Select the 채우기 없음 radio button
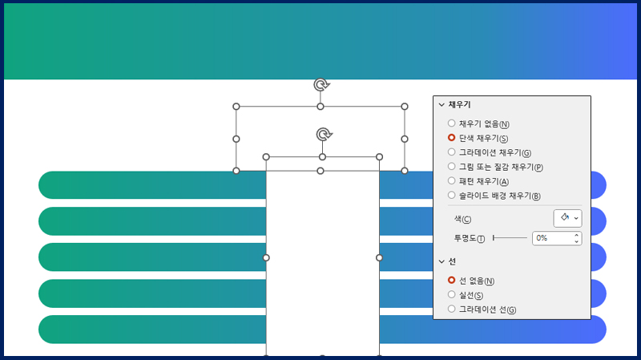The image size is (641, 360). click(x=451, y=123)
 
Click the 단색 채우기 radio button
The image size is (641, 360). click(x=451, y=137)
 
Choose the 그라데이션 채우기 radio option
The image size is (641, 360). click(x=451, y=152)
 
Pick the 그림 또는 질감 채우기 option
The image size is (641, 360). click(x=451, y=166)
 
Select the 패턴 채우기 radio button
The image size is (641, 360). click(x=451, y=180)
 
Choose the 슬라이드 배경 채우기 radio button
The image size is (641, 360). click(x=451, y=195)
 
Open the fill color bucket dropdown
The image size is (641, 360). click(x=567, y=218)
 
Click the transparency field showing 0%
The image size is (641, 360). click(x=557, y=238)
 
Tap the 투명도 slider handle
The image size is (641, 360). click(x=494, y=237)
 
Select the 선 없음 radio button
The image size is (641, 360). click(x=451, y=281)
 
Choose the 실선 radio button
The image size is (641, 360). click(x=451, y=294)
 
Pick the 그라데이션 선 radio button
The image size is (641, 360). click(x=451, y=309)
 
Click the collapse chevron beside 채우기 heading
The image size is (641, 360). click(x=441, y=105)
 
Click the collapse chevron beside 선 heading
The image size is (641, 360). click(x=441, y=261)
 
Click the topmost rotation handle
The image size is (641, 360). click(x=322, y=85)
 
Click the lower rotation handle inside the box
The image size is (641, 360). click(x=325, y=134)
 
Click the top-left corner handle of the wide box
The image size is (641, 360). click(x=236, y=107)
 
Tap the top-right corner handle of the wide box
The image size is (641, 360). click(x=405, y=107)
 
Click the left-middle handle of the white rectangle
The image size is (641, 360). click(x=266, y=257)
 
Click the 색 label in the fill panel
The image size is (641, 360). click(x=462, y=219)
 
